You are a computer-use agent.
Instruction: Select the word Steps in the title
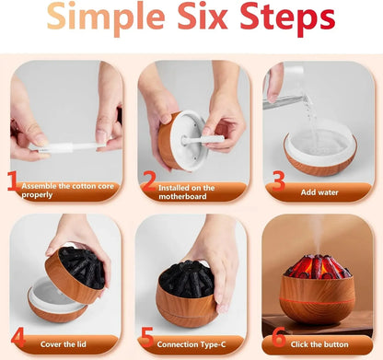287,18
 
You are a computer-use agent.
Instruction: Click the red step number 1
14,181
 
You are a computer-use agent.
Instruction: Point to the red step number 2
149,181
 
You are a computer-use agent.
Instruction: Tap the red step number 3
279,181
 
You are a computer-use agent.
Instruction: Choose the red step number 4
18,337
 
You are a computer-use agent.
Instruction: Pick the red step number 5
147,337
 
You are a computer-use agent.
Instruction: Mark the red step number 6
279,337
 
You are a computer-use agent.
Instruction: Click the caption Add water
319,192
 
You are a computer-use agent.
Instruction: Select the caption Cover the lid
64,344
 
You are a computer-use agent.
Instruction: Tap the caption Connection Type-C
191,344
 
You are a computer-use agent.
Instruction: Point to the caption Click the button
319,344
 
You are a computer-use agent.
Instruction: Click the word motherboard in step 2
182,196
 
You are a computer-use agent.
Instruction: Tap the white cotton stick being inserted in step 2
203,140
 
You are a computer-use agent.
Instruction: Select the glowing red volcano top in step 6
318,266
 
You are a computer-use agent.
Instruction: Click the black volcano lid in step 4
82,268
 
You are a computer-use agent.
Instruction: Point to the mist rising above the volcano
318,236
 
